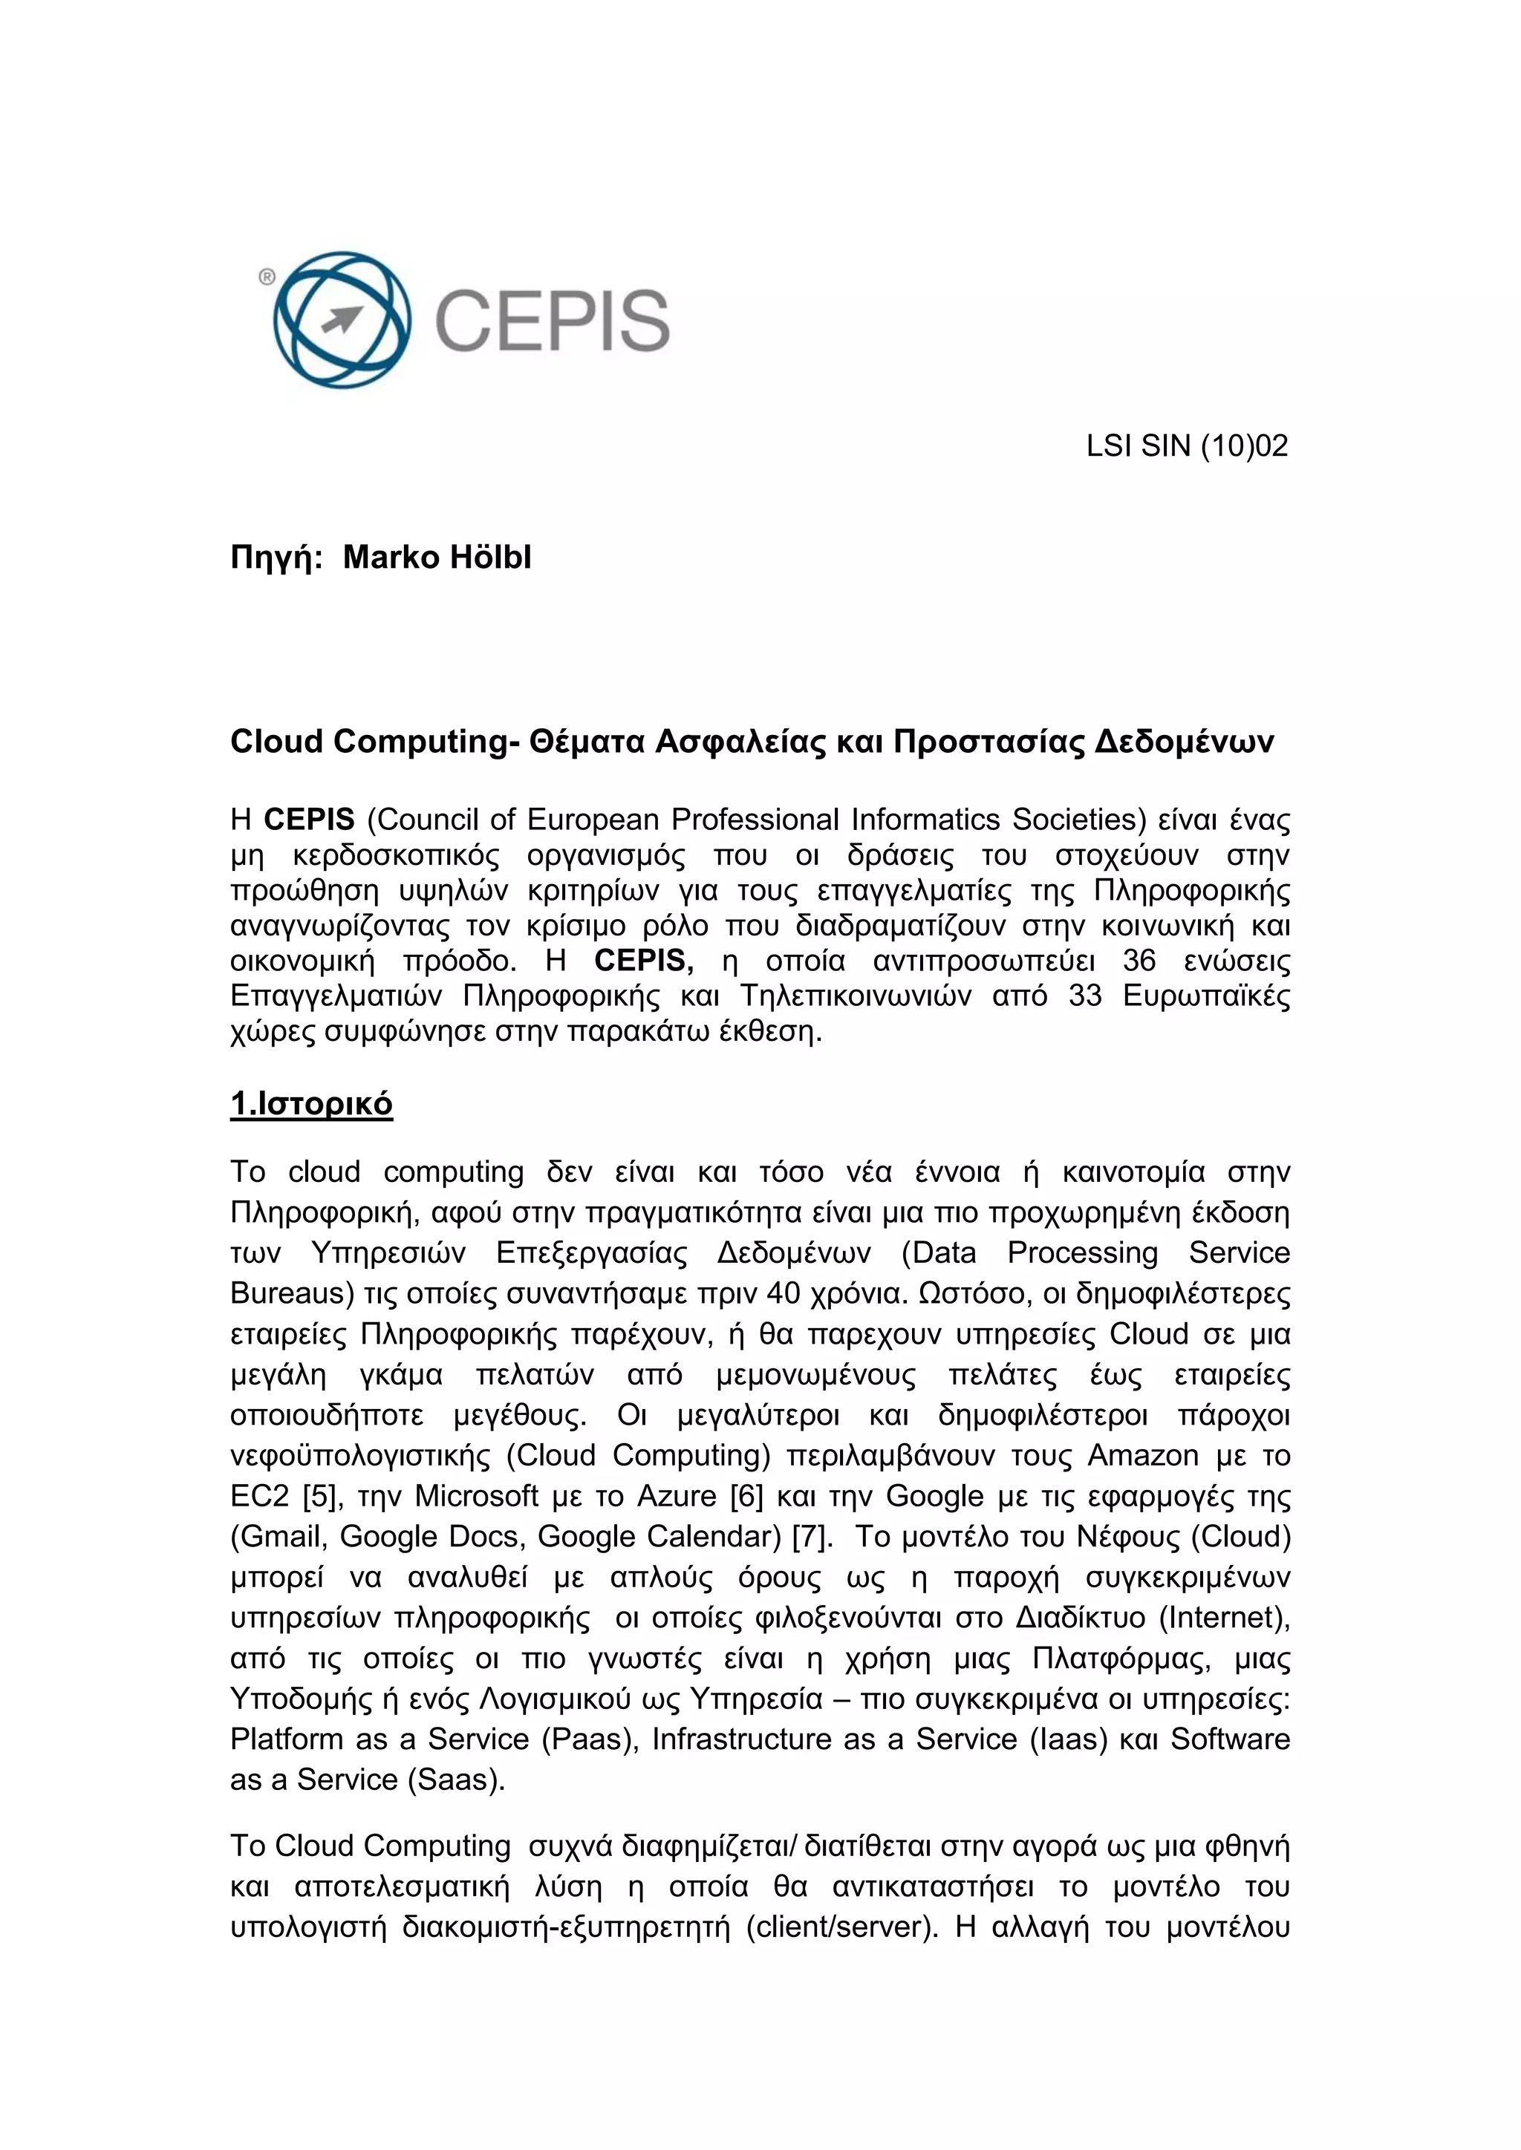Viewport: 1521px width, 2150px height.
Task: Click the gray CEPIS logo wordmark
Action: pyautogui.click(x=552, y=320)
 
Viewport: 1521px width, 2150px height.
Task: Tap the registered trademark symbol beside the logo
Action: pyautogui.click(x=267, y=276)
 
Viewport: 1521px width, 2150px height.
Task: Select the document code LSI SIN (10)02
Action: pyautogui.click(x=1187, y=445)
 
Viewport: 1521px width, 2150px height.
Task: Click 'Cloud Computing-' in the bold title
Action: pyautogui.click(x=374, y=742)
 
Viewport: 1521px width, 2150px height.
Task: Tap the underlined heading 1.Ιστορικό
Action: pyautogui.click(x=311, y=1104)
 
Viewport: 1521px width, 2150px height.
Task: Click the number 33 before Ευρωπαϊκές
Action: pyautogui.click(x=1084, y=996)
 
